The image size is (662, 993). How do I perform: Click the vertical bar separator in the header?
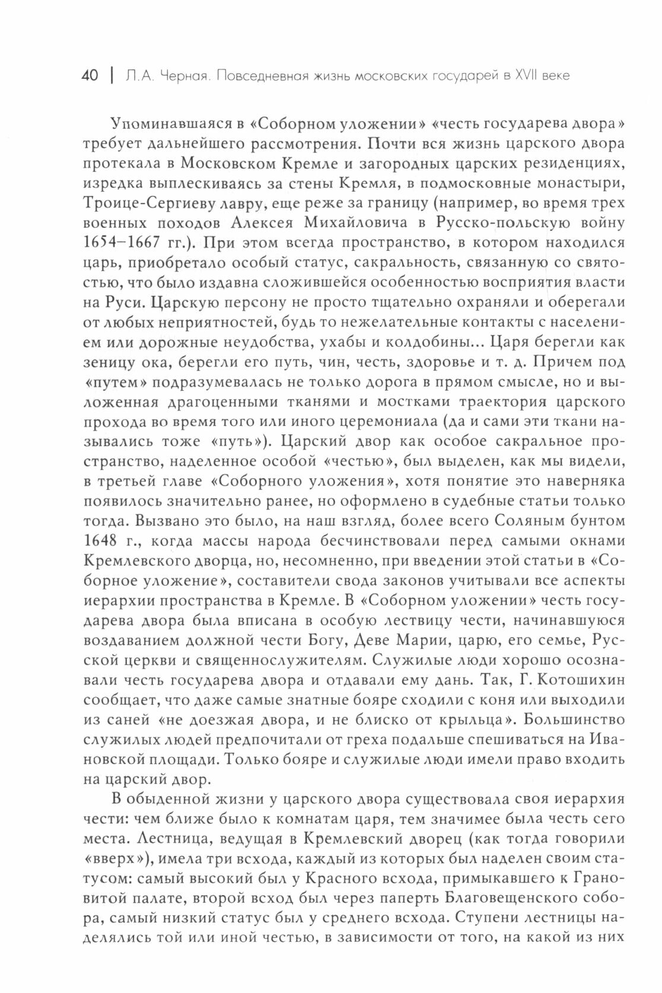click(110, 76)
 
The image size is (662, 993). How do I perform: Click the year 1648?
click(103, 542)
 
